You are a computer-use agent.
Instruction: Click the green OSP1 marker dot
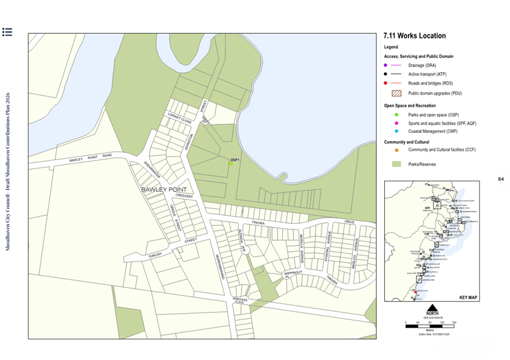click(x=231, y=163)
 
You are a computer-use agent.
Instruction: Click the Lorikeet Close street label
click(x=179, y=118)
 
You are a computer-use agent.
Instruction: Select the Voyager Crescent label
click(x=184, y=196)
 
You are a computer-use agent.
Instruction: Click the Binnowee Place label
click(x=240, y=300)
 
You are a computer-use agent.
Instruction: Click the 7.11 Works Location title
click(x=414, y=36)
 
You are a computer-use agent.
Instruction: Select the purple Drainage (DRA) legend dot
click(x=386, y=65)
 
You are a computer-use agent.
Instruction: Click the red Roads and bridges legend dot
click(x=386, y=83)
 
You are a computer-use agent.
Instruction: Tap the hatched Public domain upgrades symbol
click(x=396, y=93)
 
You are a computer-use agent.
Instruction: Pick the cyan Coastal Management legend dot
click(x=396, y=131)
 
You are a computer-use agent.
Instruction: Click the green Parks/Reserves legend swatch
click(x=396, y=164)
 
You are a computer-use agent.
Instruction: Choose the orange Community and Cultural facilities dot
click(x=396, y=150)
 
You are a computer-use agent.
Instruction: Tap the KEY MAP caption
click(x=468, y=298)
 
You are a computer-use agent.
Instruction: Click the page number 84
click(x=500, y=179)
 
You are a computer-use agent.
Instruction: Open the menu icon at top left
click(x=7, y=32)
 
